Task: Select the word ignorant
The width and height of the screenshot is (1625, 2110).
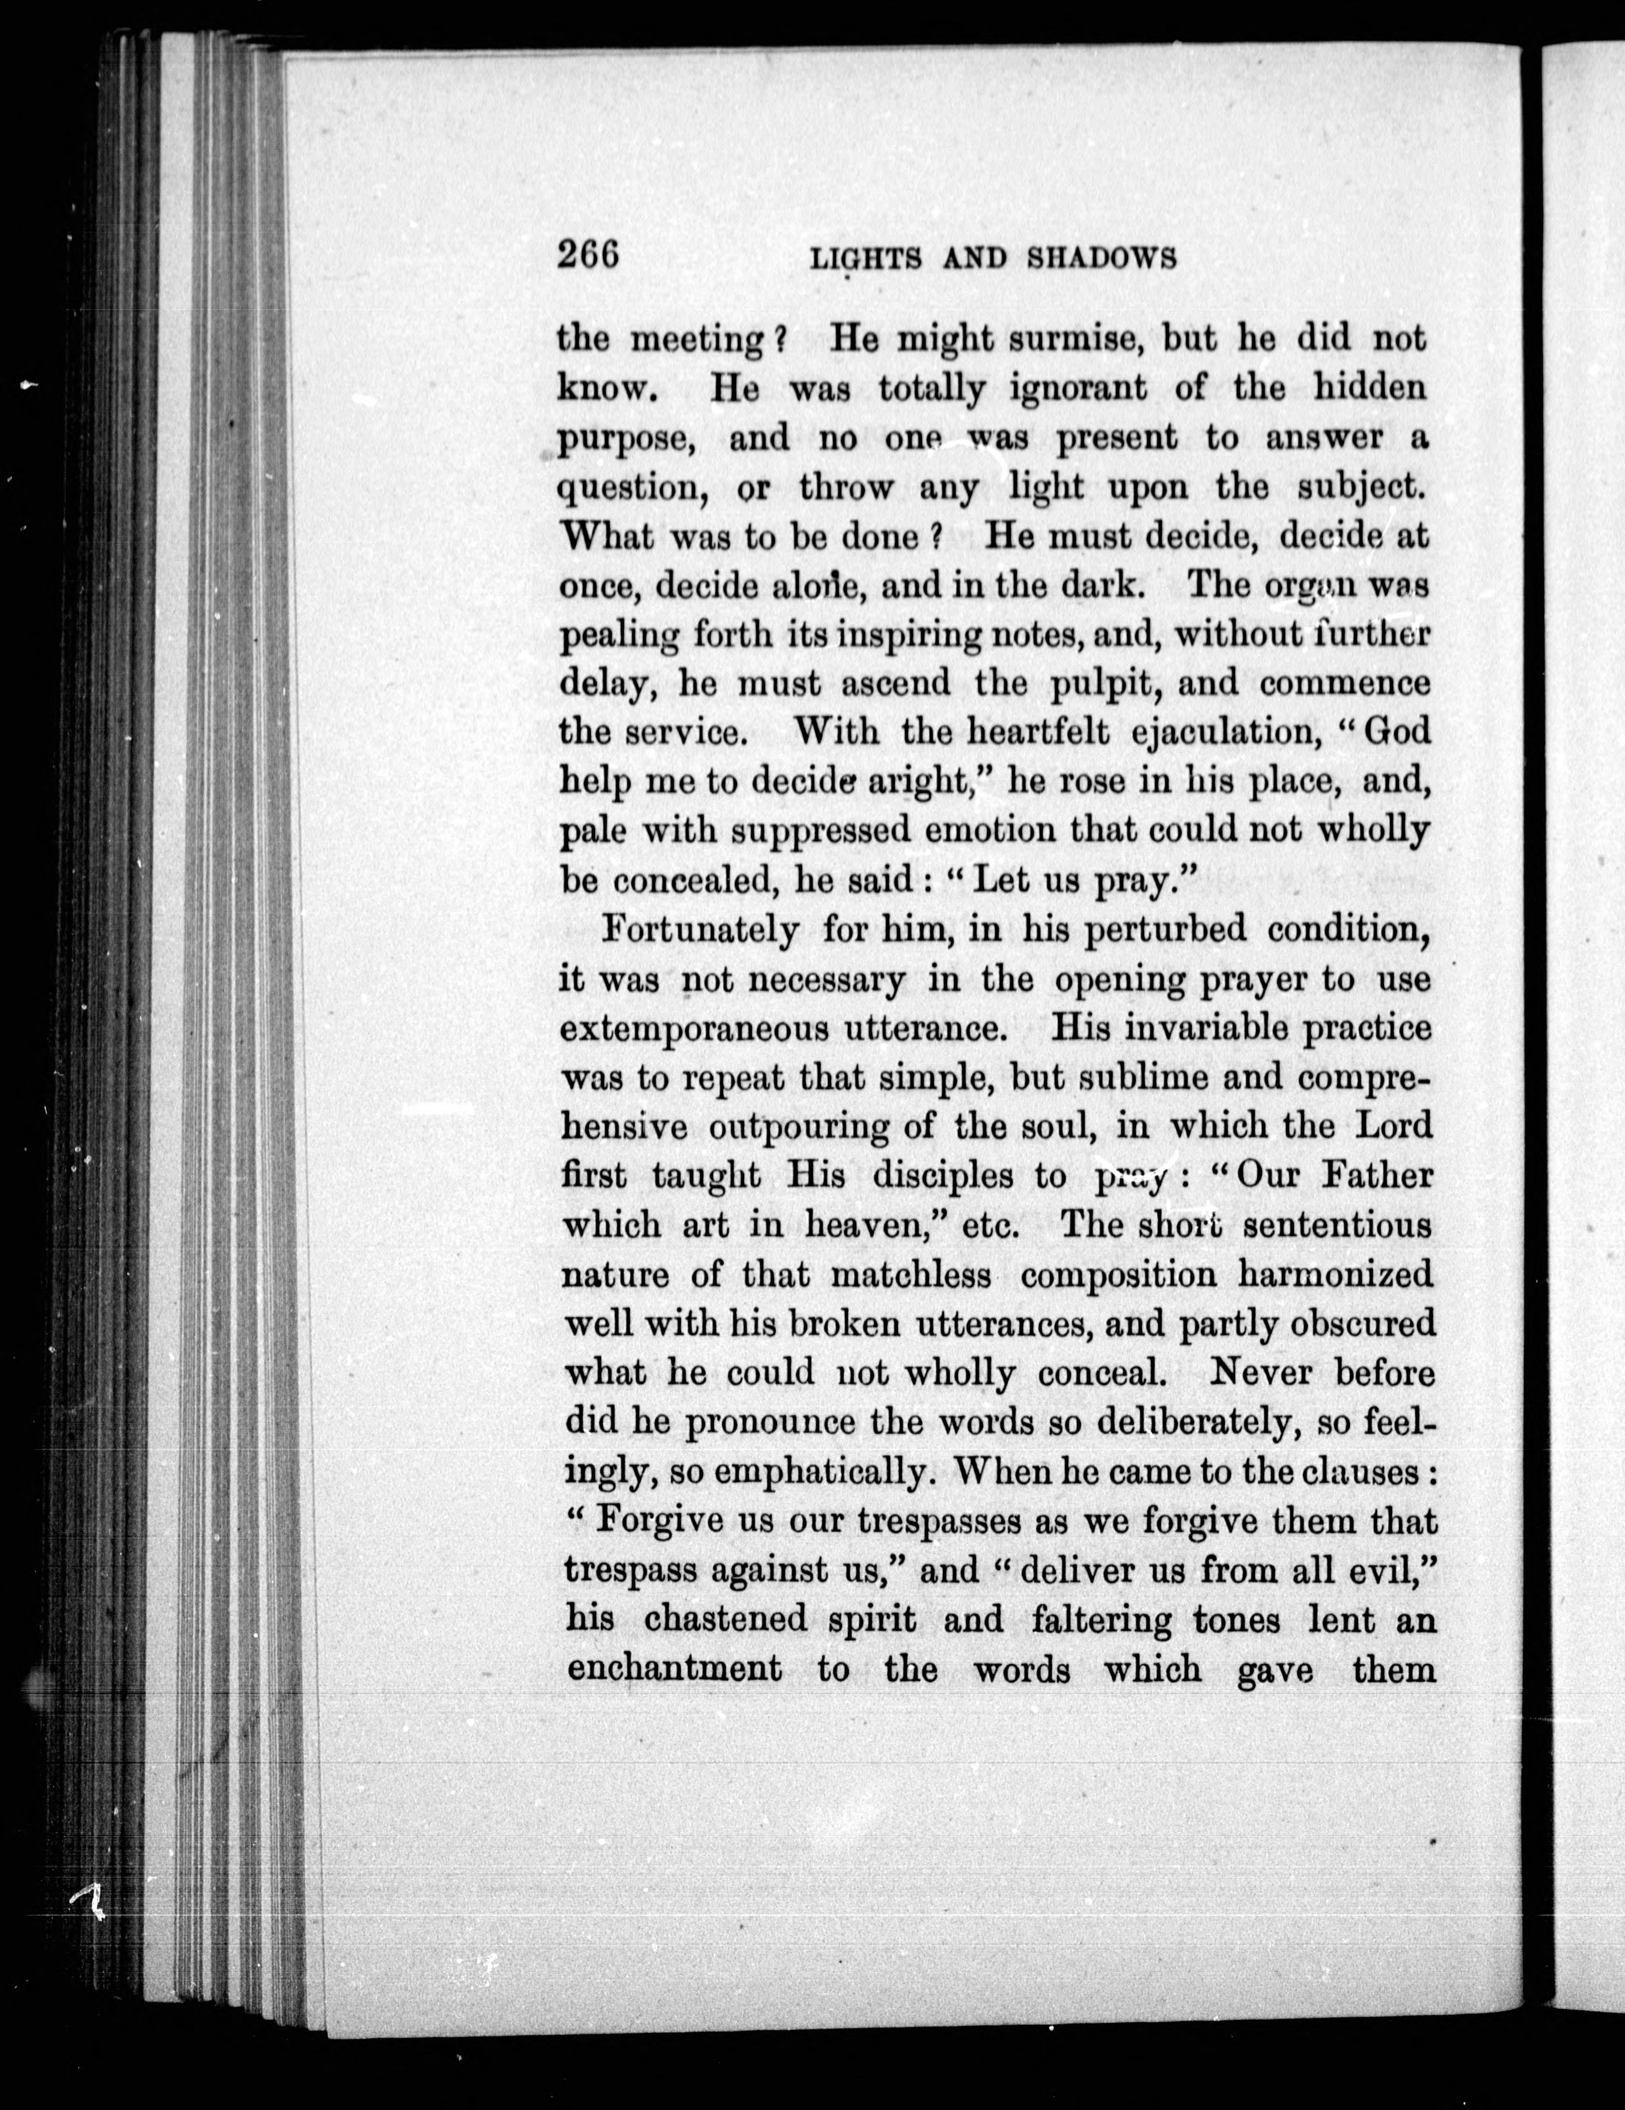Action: click(x=1078, y=388)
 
